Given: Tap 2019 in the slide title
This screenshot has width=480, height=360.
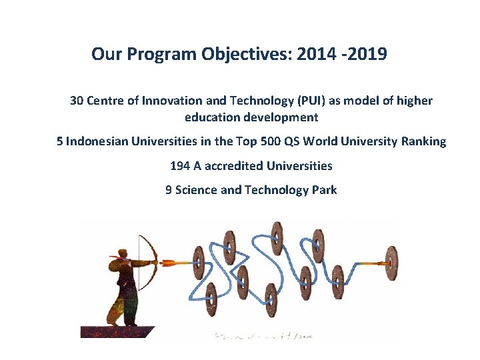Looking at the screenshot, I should (x=367, y=53).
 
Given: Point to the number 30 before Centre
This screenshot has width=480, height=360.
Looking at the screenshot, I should (x=77, y=101).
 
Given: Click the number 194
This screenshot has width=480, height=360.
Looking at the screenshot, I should (x=180, y=165).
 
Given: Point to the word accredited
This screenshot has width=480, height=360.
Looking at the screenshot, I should (x=235, y=165).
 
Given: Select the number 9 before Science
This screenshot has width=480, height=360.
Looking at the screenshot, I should (x=169, y=190).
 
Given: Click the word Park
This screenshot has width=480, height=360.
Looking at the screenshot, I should (x=325, y=190).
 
